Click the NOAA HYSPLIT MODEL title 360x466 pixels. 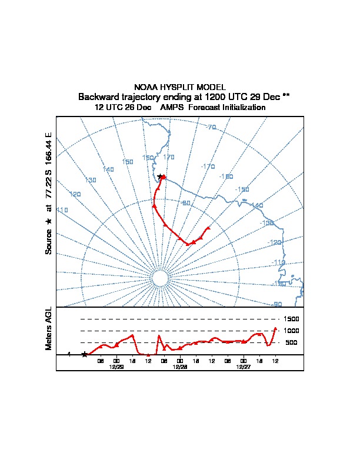(x=180, y=87)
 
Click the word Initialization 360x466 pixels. (x=242, y=108)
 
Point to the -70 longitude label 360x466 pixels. (x=212, y=127)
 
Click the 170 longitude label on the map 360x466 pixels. (x=169, y=157)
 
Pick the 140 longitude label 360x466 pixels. (x=108, y=169)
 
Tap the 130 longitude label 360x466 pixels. (x=91, y=180)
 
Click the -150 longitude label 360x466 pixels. (x=242, y=189)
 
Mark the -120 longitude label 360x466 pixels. (x=274, y=242)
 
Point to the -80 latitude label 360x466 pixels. (x=186, y=203)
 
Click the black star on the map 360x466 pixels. (x=160, y=177)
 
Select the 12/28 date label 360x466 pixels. (x=179, y=367)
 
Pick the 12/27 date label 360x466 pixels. (x=243, y=367)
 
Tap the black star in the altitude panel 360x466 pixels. (x=85, y=354)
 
